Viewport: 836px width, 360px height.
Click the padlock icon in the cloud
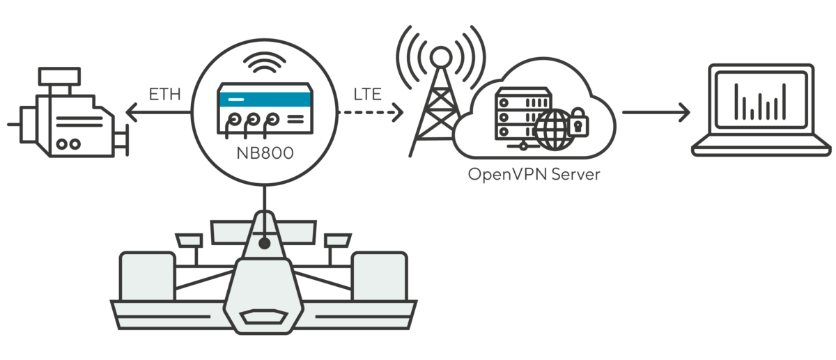click(x=578, y=124)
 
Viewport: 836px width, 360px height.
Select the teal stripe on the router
click(x=264, y=101)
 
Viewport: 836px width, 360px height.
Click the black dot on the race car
click(x=264, y=244)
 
